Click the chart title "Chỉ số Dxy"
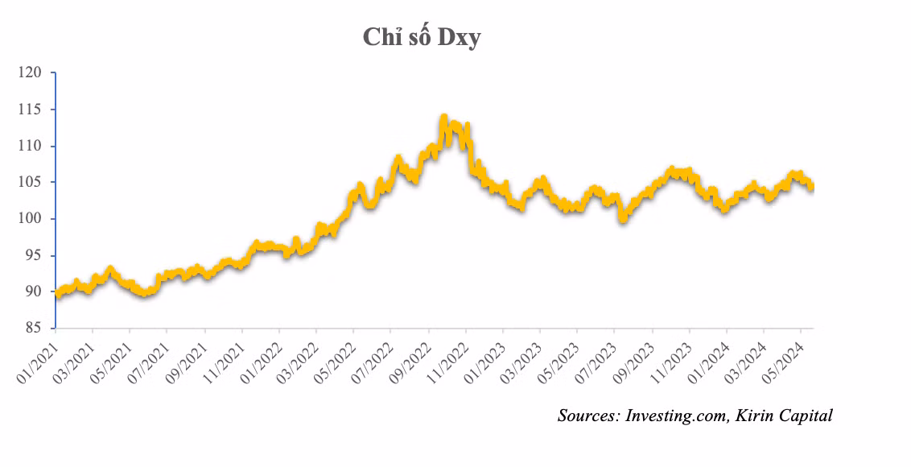tap(421, 38)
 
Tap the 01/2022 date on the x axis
tap(262, 355)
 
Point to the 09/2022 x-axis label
tap(411, 355)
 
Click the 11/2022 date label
tap(449, 355)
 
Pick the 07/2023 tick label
tap(598, 355)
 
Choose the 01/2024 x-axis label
tap(710, 355)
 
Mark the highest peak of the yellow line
tap(443, 118)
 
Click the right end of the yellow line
tap(811, 187)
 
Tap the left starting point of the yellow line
tap(56, 295)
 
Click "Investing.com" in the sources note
tap(674, 415)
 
